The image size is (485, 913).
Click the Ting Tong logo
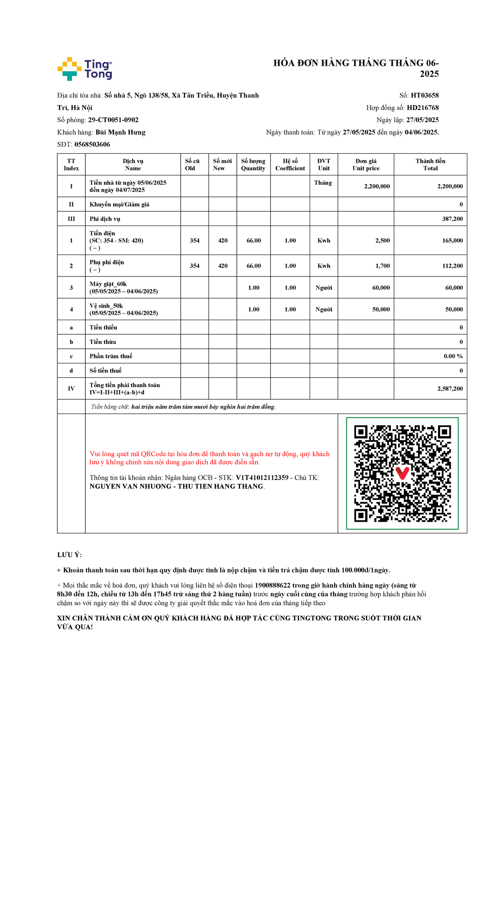tap(85, 69)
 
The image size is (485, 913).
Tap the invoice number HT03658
tap(424, 95)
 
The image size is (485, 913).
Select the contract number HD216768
tap(422, 108)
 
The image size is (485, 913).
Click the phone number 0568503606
tap(92, 144)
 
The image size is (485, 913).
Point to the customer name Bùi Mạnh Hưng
tap(120, 132)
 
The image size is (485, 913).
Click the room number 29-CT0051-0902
tap(113, 120)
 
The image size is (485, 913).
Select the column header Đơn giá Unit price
tap(366, 164)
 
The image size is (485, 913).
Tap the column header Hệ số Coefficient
tap(290, 164)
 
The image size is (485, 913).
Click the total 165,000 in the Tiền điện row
tap(452, 240)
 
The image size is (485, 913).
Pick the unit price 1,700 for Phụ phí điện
tap(382, 266)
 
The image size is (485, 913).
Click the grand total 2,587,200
tap(450, 389)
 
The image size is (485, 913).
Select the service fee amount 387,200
tap(452, 219)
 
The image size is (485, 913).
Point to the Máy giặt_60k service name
tap(108, 284)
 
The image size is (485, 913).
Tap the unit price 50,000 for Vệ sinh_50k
tap(381, 310)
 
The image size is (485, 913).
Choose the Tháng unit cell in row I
tap(323, 183)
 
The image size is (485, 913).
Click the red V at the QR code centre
tap(402, 472)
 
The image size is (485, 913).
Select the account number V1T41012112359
tap(262, 478)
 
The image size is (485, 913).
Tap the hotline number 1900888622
tap(272, 585)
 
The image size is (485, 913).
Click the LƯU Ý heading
tap(70, 555)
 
